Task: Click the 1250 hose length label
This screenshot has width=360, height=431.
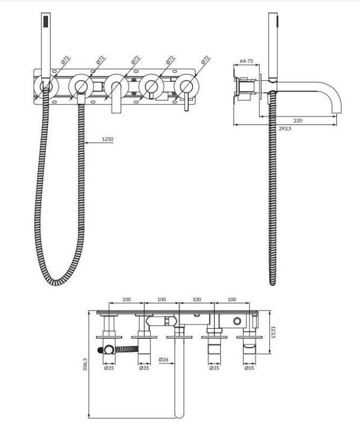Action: [108, 139]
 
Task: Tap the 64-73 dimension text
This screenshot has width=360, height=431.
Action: [246, 61]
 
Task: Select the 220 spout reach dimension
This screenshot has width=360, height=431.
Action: [298, 120]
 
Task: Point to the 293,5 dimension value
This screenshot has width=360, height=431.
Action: [285, 128]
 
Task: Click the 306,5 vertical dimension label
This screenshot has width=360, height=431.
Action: [85, 364]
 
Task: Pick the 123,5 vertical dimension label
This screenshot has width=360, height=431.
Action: [273, 332]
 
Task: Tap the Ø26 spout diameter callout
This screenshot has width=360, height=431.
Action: [163, 359]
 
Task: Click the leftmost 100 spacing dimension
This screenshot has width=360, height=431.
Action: [127, 300]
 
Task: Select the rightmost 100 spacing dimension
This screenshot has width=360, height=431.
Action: [232, 300]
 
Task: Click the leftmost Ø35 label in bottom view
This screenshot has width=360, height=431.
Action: [109, 368]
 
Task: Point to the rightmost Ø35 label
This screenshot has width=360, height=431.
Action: [249, 368]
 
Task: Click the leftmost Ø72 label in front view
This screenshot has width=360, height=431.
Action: [65, 60]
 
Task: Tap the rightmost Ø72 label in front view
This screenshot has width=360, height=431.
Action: [205, 60]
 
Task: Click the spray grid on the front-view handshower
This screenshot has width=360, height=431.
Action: [46, 21]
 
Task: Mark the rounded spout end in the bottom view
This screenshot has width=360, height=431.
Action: [179, 414]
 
